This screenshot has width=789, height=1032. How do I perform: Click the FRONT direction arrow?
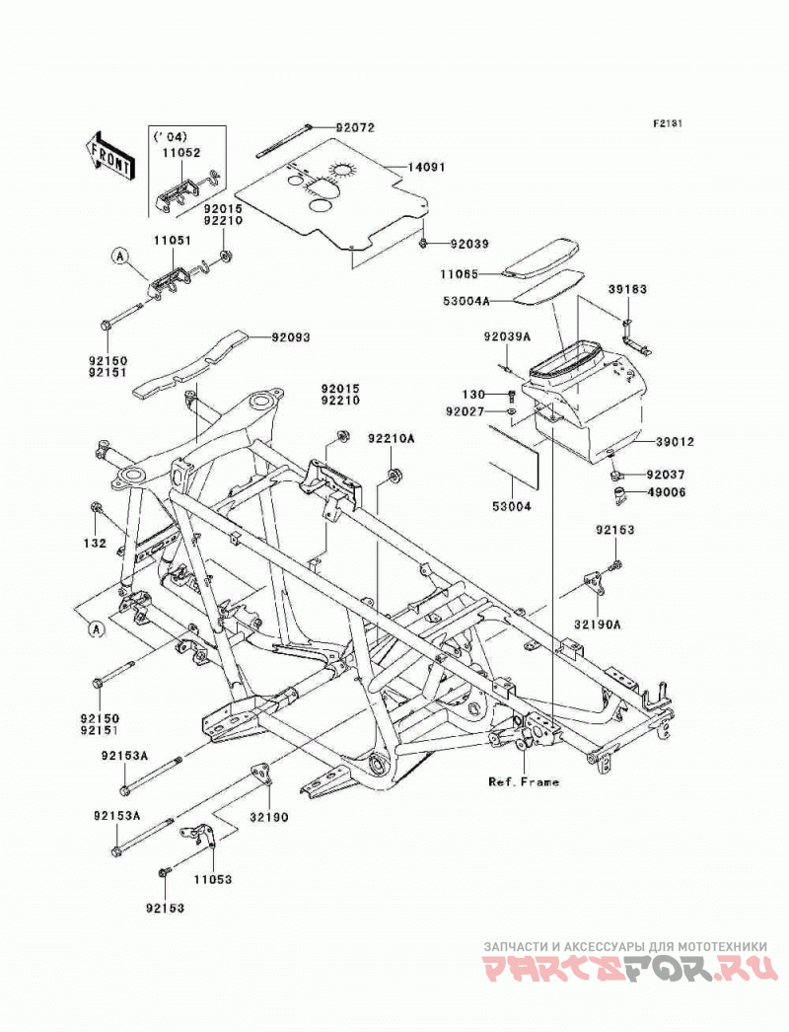click(x=110, y=157)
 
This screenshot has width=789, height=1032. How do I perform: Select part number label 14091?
click(x=426, y=167)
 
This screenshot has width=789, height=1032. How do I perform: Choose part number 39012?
click(x=675, y=442)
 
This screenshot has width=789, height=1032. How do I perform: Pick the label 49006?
click(x=666, y=491)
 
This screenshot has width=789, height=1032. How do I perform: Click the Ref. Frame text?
click(x=524, y=782)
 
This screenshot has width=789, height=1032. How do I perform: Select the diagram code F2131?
click(x=668, y=123)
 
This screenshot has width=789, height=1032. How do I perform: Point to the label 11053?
click(x=213, y=879)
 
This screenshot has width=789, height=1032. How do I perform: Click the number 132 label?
click(x=96, y=544)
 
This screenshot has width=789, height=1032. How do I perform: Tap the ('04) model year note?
click(x=170, y=137)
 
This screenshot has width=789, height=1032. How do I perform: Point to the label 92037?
click(x=666, y=475)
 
